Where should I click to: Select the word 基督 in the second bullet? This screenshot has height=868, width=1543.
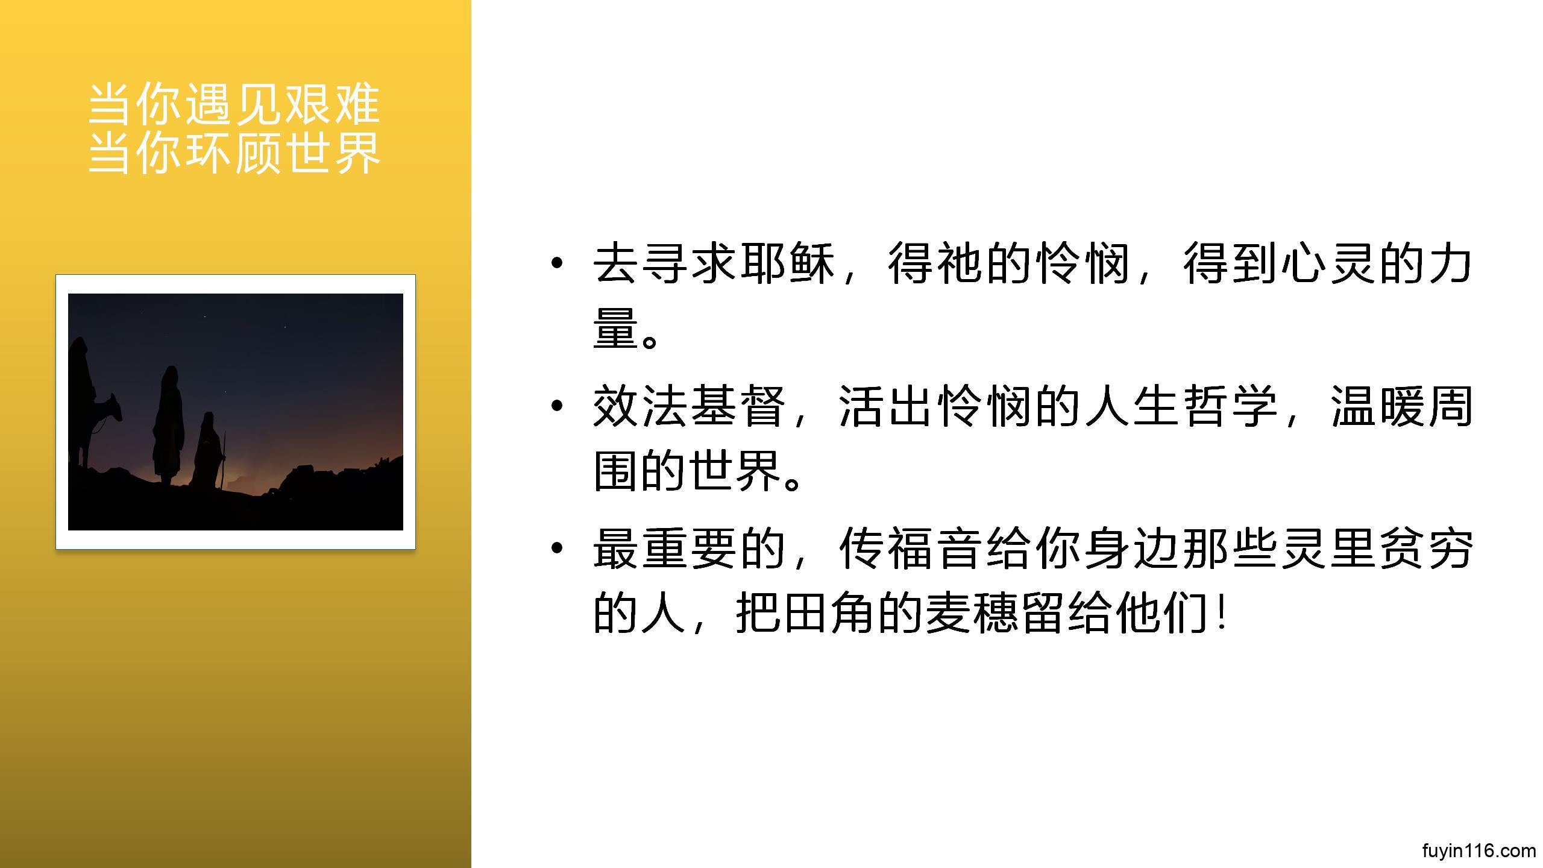[739, 406]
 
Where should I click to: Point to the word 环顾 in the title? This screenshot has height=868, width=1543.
[234, 152]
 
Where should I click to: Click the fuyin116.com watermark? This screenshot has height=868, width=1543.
[1479, 851]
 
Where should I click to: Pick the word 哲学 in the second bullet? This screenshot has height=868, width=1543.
[1230, 406]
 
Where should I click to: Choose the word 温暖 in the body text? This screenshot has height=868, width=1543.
[1378, 406]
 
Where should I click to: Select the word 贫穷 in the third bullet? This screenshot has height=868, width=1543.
[1426, 549]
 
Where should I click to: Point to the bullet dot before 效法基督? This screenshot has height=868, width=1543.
[557, 405]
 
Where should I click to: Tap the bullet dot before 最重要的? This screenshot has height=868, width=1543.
[557, 548]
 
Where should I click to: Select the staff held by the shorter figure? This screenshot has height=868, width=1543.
[222, 461]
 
